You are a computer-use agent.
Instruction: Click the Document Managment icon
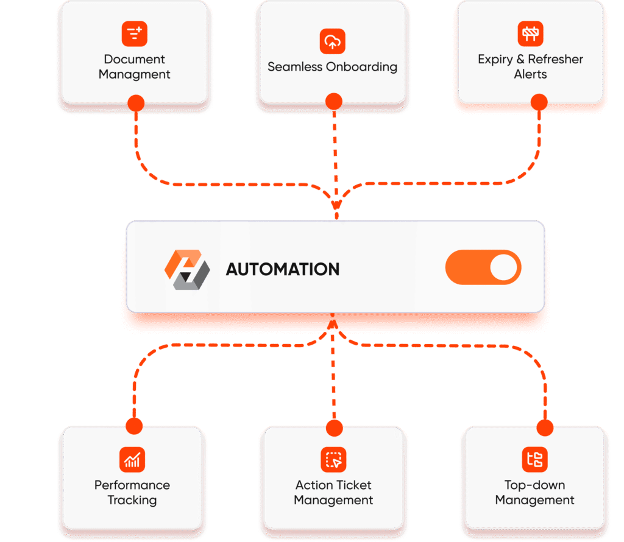tap(135, 34)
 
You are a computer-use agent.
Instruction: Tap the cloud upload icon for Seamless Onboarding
tap(332, 41)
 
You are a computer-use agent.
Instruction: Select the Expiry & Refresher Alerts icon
tap(530, 33)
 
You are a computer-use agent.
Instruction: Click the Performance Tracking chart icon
tap(132, 459)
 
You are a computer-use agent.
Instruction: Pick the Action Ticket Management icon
tap(333, 459)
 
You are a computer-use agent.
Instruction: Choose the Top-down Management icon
tap(534, 459)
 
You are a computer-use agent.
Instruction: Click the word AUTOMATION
tap(283, 269)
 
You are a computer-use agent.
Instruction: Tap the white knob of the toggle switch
tap(503, 268)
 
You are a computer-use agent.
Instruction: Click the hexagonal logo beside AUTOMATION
tap(187, 269)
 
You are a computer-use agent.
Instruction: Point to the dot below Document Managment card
tap(136, 103)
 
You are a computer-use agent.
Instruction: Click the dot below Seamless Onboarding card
tap(333, 102)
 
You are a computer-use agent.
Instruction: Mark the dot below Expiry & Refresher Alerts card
tap(538, 102)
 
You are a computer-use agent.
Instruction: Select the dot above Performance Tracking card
tap(133, 425)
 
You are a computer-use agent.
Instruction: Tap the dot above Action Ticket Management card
tap(333, 428)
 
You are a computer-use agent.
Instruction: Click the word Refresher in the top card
tap(555, 59)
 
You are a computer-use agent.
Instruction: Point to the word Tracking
tap(132, 500)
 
